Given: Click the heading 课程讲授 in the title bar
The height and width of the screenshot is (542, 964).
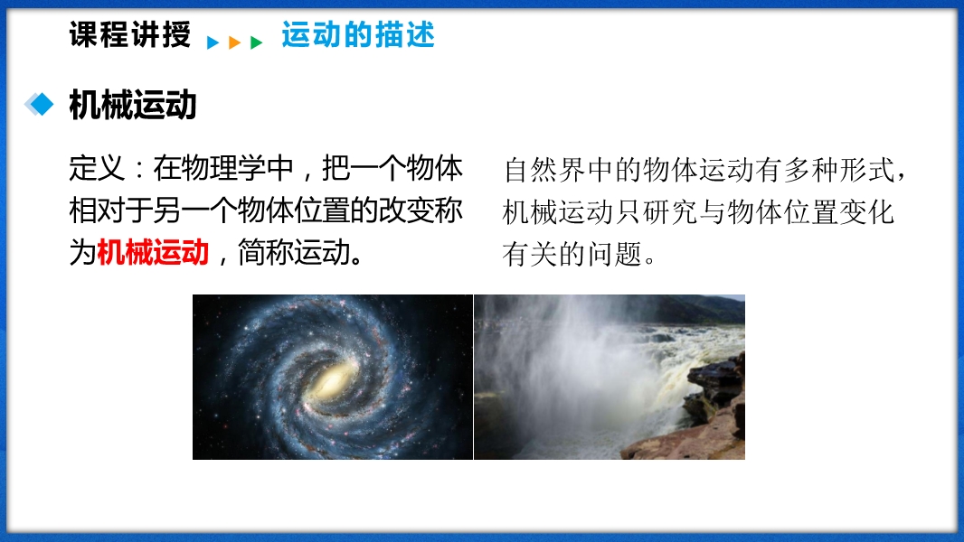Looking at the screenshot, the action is (x=129, y=34).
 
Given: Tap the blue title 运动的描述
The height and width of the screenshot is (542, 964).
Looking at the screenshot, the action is (x=358, y=34).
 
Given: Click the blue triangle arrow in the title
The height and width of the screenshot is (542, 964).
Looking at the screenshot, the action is (x=213, y=42).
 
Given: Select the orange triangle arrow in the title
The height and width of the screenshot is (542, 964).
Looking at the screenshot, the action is (x=234, y=42).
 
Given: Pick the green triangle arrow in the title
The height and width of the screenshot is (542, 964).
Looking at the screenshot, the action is (x=256, y=42).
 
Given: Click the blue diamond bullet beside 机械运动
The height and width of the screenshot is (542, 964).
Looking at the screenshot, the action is (x=40, y=104).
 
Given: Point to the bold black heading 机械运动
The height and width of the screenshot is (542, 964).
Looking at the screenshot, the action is (x=133, y=105).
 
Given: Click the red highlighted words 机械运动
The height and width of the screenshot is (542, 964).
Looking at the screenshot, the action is (x=153, y=252).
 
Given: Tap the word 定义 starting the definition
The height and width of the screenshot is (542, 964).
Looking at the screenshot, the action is (x=97, y=168).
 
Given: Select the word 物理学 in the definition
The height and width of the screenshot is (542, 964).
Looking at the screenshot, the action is (x=223, y=168).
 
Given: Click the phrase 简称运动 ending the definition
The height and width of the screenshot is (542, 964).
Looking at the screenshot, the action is (x=294, y=252).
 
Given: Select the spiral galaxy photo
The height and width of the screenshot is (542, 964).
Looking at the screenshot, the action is (x=333, y=377).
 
